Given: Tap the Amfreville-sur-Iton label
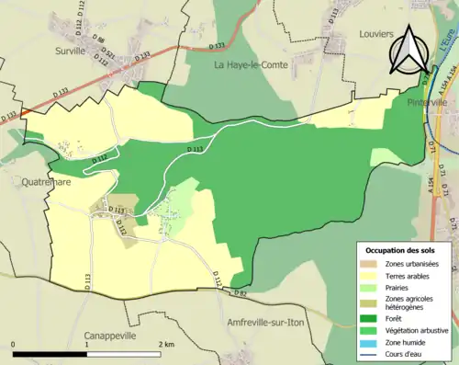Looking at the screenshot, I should (x=270, y=324).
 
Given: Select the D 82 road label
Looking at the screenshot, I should (x=240, y=292).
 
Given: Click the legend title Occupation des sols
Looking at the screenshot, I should (x=400, y=250).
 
